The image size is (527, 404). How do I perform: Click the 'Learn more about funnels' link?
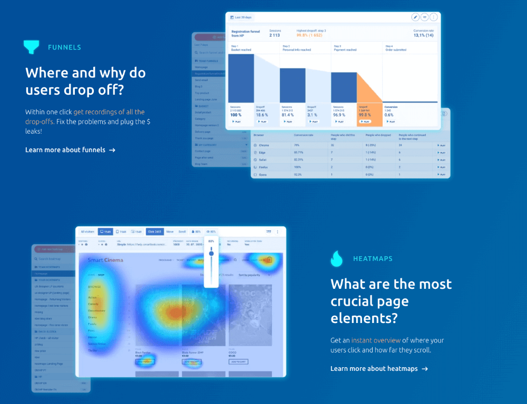tap(70, 150)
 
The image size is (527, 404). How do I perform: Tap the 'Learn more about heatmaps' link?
tap(379, 369)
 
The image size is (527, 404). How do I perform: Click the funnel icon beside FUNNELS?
tap(32, 47)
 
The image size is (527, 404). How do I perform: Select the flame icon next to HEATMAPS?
tap(337, 259)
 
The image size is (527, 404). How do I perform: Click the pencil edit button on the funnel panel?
tap(415, 17)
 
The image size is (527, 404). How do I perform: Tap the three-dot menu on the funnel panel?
tap(434, 17)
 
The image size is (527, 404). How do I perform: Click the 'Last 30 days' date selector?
tap(241, 17)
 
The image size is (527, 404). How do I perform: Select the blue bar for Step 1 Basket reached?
tap(241, 78)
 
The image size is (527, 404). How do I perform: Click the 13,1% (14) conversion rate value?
tap(423, 36)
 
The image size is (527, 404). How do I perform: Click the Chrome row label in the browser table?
tap(265, 145)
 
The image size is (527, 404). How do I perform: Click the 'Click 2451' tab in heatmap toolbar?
tap(154, 231)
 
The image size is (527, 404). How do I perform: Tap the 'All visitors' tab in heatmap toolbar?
tap(87, 231)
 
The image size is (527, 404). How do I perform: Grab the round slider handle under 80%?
tap(211, 254)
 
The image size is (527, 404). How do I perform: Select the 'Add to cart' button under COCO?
tap(238, 362)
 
